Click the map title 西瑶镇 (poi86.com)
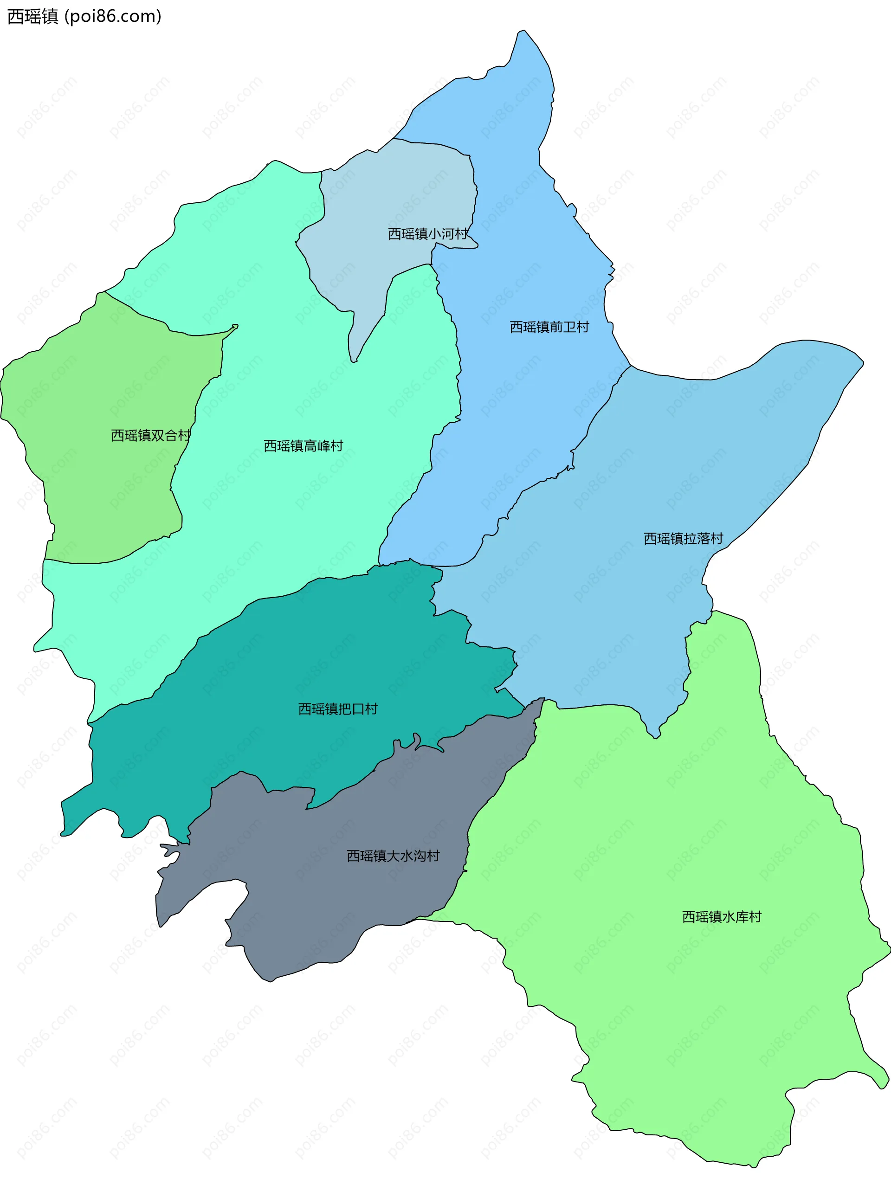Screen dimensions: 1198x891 coord(84,16)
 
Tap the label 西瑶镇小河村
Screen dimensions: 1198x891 coord(428,234)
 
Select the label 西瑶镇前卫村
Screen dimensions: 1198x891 coord(549,327)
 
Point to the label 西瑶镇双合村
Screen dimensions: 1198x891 coord(150,436)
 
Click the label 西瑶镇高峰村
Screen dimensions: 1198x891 coord(303,446)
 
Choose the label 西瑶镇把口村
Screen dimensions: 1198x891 coord(338,709)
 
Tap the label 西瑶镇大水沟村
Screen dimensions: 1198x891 coord(393,856)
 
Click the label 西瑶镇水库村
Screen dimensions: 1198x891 coord(722,916)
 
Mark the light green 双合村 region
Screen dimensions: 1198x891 coord(108,485)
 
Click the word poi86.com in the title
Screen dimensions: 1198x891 coord(113,16)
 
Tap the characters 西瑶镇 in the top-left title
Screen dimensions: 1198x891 coord(32,16)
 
